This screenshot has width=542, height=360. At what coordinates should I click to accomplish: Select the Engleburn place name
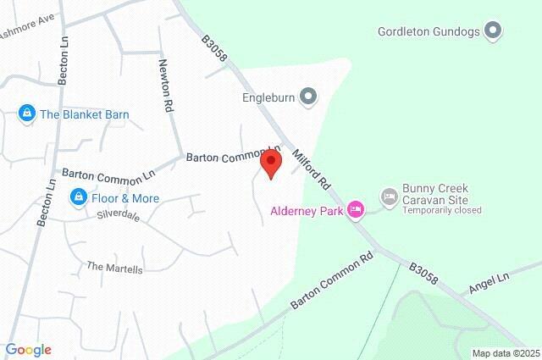coord(267,97)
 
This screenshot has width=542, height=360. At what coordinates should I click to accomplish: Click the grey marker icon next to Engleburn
coord(308,97)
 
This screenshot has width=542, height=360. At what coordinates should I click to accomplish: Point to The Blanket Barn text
coord(84,114)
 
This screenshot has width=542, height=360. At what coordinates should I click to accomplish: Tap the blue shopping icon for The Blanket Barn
coord(27,114)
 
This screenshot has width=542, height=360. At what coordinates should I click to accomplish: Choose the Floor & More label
coord(124,198)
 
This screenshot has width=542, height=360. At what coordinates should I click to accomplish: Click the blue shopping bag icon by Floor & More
coord(77,198)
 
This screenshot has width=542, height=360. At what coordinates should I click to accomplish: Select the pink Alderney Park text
coord(306,210)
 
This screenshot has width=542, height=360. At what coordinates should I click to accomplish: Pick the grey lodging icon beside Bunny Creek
coord(389,197)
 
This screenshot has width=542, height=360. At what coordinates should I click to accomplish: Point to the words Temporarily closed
coord(442,210)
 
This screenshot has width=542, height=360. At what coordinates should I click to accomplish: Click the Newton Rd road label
coord(168,88)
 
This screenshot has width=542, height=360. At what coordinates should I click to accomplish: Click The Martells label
coord(115,267)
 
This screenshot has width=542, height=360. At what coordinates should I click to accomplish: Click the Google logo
coord(28,349)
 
